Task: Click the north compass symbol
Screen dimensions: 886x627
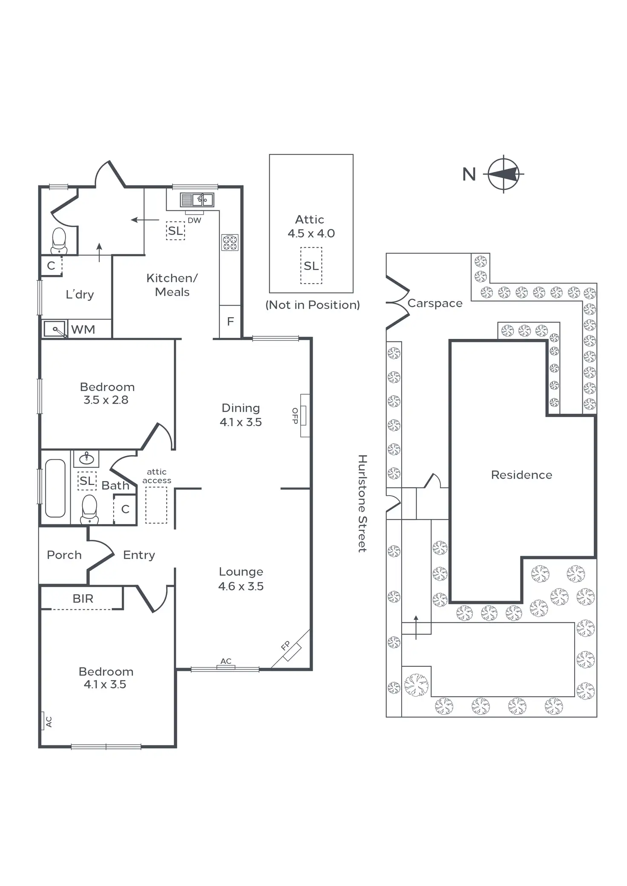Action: (x=503, y=174)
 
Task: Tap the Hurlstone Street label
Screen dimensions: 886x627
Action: (x=362, y=503)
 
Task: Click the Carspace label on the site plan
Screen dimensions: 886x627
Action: (x=434, y=303)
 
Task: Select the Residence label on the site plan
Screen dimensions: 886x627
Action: (x=521, y=475)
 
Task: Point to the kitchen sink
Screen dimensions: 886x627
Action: (x=197, y=199)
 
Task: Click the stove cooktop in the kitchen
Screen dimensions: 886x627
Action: (x=230, y=242)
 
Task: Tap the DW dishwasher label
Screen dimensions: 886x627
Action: (x=194, y=220)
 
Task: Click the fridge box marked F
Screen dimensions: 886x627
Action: (x=230, y=321)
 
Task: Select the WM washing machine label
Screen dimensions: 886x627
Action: (x=83, y=330)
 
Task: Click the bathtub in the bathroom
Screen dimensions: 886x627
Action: (x=55, y=488)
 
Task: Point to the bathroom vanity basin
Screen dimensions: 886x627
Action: (x=86, y=458)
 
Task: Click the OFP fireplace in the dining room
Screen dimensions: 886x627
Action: (x=304, y=416)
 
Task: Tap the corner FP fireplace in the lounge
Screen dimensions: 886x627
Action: (x=291, y=649)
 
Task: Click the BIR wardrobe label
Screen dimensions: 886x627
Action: (x=83, y=599)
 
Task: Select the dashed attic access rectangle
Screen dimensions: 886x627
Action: (x=156, y=505)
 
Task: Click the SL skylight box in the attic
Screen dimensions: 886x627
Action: (x=311, y=266)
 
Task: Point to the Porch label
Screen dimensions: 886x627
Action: (x=64, y=555)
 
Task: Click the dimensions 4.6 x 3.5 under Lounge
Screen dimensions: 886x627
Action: (x=241, y=586)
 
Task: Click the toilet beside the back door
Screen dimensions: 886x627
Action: (x=59, y=241)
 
